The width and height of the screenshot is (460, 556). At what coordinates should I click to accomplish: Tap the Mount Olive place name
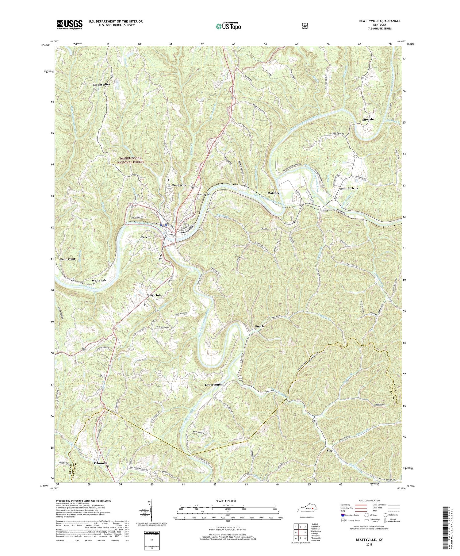pos(102,84)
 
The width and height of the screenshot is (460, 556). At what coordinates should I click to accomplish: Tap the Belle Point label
pos(68,259)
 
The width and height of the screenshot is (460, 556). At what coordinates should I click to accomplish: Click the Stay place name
pos(330,451)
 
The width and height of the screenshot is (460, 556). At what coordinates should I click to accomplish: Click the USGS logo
pos(69,25)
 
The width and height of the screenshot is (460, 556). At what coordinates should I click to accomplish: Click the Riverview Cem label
pos(205,194)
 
